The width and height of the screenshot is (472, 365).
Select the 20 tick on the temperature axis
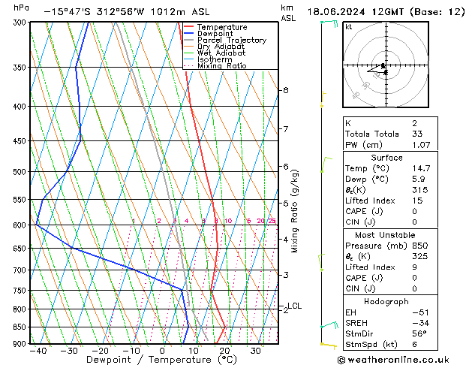[224, 351]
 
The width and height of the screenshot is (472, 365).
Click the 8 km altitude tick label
[285, 90]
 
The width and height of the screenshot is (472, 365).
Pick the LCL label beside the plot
[295, 306]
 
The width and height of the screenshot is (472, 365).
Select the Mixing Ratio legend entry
[221, 66]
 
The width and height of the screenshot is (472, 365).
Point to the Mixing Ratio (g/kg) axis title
[295, 211]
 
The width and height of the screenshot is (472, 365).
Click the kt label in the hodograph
[348, 26]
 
